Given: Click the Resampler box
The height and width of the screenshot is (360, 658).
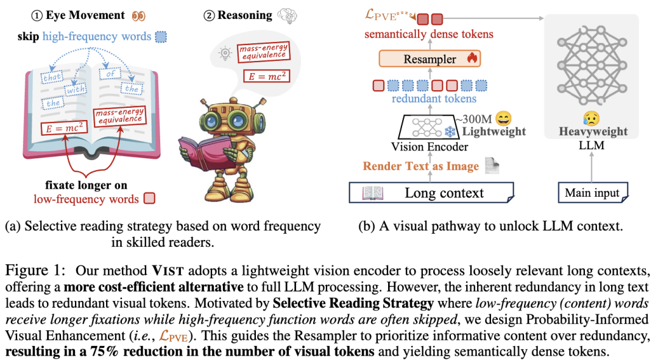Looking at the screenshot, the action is [430, 58].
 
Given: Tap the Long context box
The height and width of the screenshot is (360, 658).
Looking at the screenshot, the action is [431, 192].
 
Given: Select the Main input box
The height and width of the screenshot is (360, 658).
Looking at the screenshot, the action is [593, 192].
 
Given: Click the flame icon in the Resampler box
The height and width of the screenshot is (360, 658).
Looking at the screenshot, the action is [472, 58].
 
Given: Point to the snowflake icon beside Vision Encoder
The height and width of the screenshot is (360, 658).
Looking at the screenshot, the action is [450, 132].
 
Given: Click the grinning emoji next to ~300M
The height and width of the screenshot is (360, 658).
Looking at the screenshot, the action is [503, 118].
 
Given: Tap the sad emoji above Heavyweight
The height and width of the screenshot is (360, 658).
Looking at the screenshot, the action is [591, 119].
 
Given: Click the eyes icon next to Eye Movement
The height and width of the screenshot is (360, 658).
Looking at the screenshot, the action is [138, 16].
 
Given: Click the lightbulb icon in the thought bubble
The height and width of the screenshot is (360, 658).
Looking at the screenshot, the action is [225, 53].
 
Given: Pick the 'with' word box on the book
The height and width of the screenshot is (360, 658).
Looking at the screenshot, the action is [76, 90].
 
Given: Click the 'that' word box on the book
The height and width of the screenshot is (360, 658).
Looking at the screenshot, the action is [52, 77].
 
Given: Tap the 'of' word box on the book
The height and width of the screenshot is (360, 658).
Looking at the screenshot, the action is [110, 74].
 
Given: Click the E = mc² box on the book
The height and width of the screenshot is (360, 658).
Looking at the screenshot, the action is [64, 128].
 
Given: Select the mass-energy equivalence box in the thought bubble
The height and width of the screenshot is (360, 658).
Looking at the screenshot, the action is [264, 52].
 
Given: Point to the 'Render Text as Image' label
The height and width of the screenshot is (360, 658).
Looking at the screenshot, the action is [420, 166].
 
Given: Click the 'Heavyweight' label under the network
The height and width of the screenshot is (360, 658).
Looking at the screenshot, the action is [593, 132].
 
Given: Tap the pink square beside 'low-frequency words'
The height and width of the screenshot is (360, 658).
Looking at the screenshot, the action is [149, 198].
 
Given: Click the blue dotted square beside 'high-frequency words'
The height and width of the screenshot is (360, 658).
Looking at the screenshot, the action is [161, 37].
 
